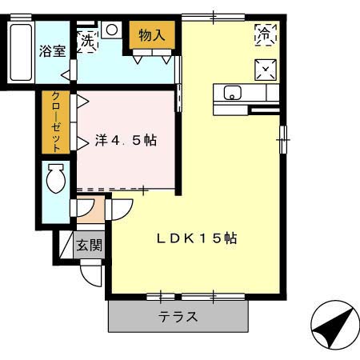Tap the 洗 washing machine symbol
coord(86,38)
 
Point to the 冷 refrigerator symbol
coord(263,34)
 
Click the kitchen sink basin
coord(231,92)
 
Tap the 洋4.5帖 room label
coord(126,140)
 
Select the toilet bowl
coord(56,179)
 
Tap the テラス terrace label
coord(178,315)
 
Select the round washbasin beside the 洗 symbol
coord(111,30)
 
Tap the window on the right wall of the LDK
coord(282,138)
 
